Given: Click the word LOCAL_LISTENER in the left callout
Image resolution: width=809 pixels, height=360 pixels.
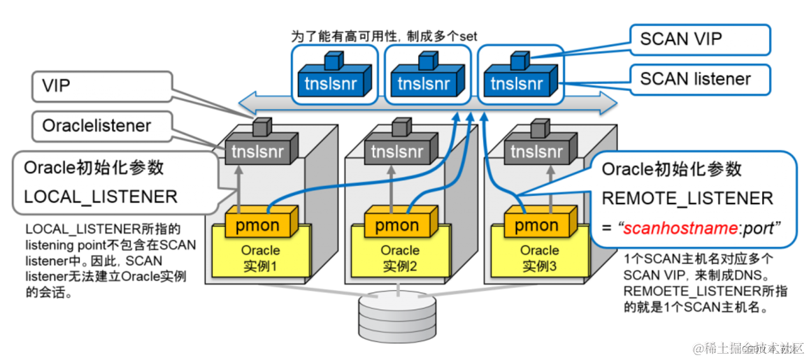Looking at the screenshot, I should [101, 196].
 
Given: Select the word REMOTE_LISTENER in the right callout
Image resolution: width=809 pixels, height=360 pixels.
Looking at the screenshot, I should [687, 198].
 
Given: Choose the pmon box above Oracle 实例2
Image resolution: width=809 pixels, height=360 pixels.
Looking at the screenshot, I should [397, 225].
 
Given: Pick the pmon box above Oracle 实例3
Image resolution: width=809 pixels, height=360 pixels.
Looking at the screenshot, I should [536, 225].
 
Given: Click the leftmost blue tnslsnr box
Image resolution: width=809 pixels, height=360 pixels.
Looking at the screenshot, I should [331, 83].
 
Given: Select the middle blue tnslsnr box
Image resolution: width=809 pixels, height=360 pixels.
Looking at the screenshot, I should [424, 83].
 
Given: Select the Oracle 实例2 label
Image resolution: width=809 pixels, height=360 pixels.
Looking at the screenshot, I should [400, 258].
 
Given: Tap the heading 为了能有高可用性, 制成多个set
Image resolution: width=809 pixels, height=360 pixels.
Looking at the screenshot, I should [384, 35].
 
